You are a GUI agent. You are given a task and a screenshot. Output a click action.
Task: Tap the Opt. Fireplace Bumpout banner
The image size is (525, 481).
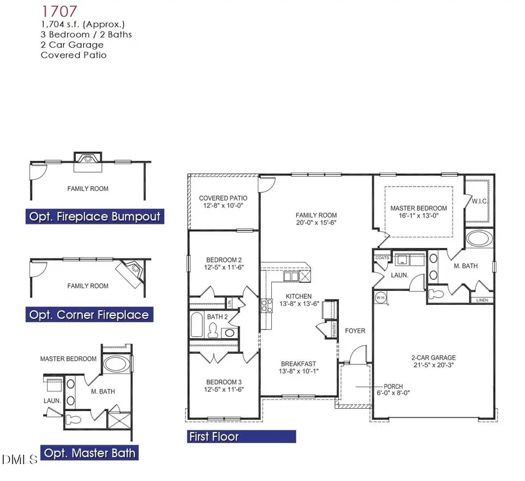(94, 216)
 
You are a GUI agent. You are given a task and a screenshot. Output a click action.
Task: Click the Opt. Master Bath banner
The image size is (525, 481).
(90, 452)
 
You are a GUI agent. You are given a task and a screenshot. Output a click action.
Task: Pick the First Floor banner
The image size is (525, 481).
(241, 436)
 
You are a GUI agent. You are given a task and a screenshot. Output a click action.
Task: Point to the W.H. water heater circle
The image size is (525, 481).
(381, 297)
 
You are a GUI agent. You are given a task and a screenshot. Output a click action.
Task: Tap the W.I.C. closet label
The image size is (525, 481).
(479, 201)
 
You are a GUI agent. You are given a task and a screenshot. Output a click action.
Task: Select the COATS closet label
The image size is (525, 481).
(382, 257)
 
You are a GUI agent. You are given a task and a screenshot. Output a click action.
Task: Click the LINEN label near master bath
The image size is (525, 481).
(481, 301)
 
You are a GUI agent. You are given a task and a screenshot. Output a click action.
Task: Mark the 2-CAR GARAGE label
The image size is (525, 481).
(432, 358)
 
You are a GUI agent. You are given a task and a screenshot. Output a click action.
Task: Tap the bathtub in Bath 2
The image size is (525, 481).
(196, 324)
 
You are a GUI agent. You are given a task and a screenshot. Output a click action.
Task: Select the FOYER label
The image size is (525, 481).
(355, 331)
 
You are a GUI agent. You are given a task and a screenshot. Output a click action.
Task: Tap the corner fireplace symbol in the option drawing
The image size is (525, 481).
(132, 271)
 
